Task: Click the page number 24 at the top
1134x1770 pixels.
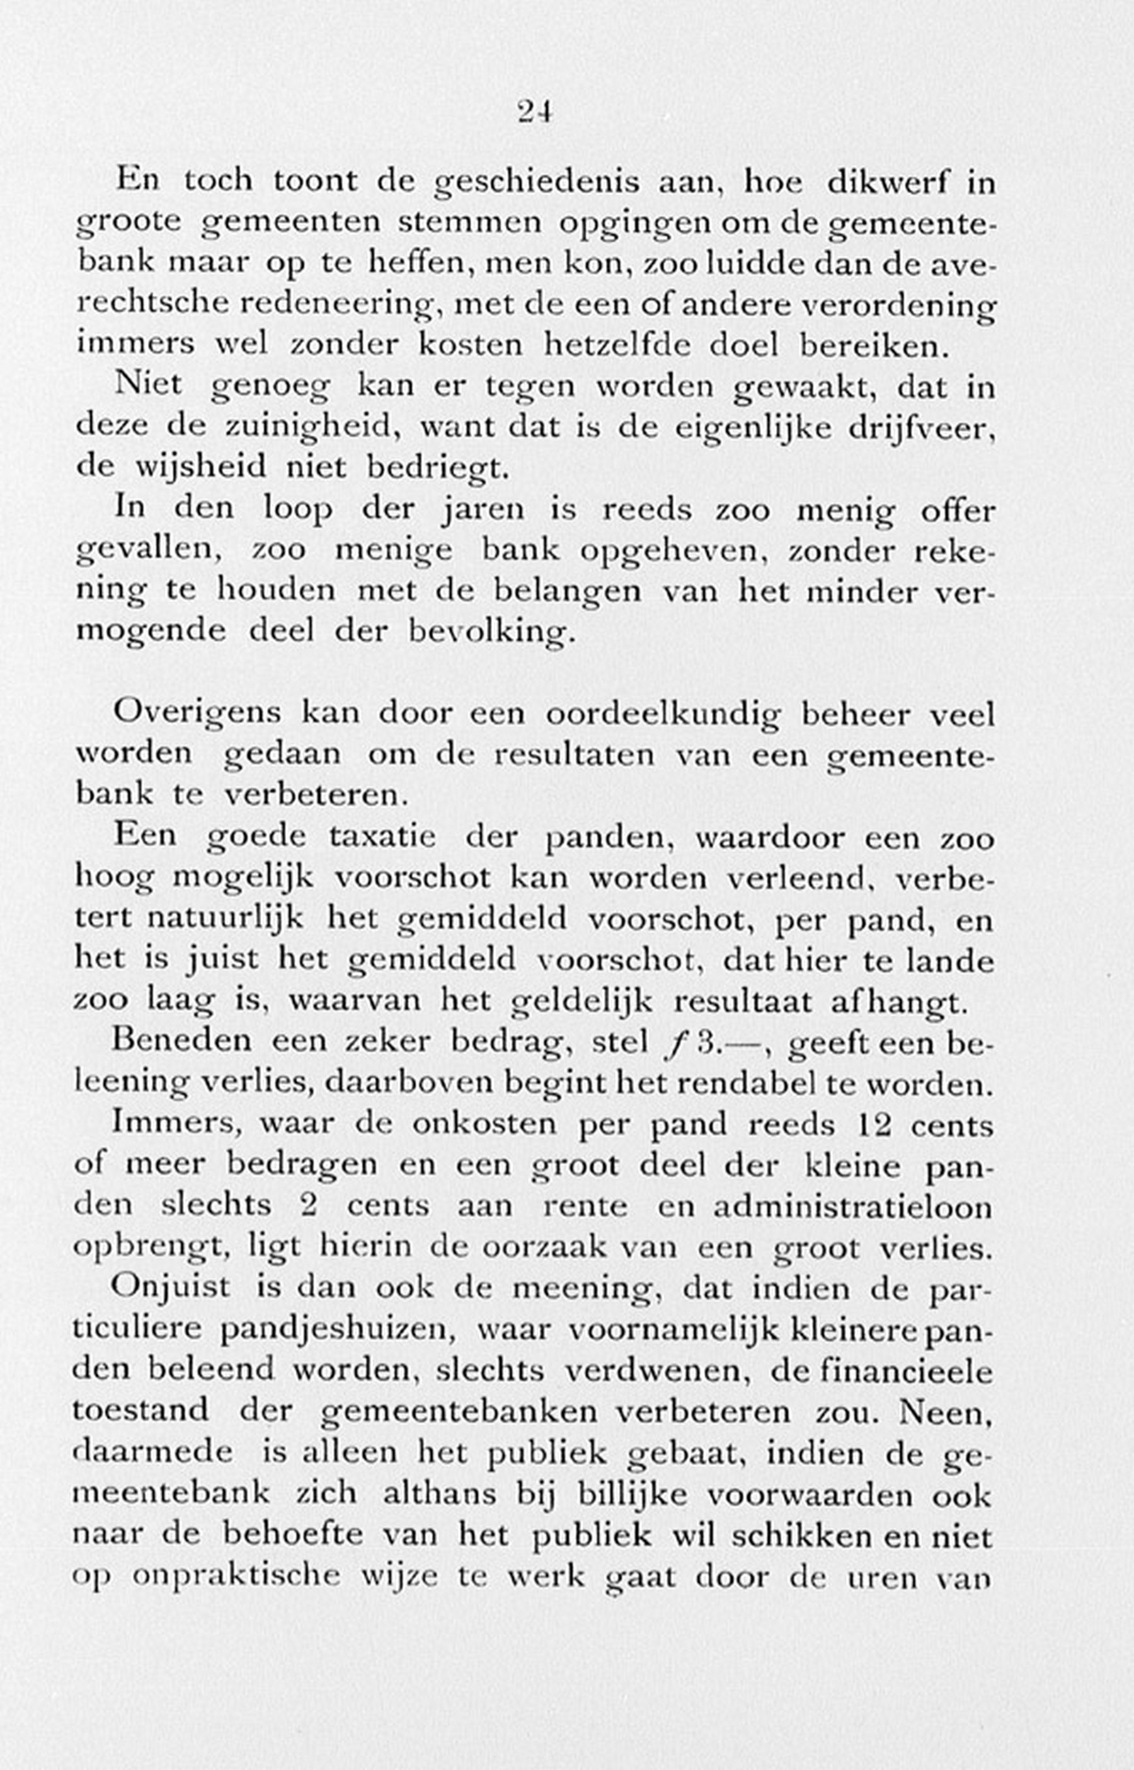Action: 535,112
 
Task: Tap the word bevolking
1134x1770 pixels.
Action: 489,632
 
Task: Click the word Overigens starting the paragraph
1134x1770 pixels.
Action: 197,714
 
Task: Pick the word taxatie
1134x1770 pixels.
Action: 382,838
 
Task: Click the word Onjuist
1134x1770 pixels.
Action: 171,1288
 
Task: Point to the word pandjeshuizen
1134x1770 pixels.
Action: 335,1329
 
